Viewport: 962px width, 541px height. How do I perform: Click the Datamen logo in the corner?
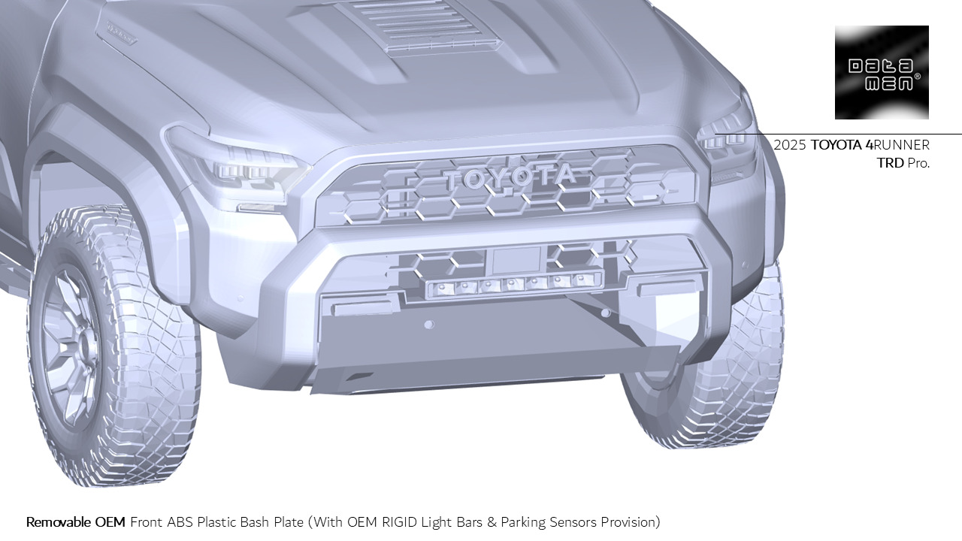(882, 72)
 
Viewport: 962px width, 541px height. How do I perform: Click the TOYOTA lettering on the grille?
(510, 177)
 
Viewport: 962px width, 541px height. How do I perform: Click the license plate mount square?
(516, 260)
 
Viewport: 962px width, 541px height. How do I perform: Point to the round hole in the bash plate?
(429, 325)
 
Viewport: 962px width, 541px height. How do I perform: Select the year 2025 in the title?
(790, 145)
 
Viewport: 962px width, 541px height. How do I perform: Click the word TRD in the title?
(890, 162)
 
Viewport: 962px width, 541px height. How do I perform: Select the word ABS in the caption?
(180, 521)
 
